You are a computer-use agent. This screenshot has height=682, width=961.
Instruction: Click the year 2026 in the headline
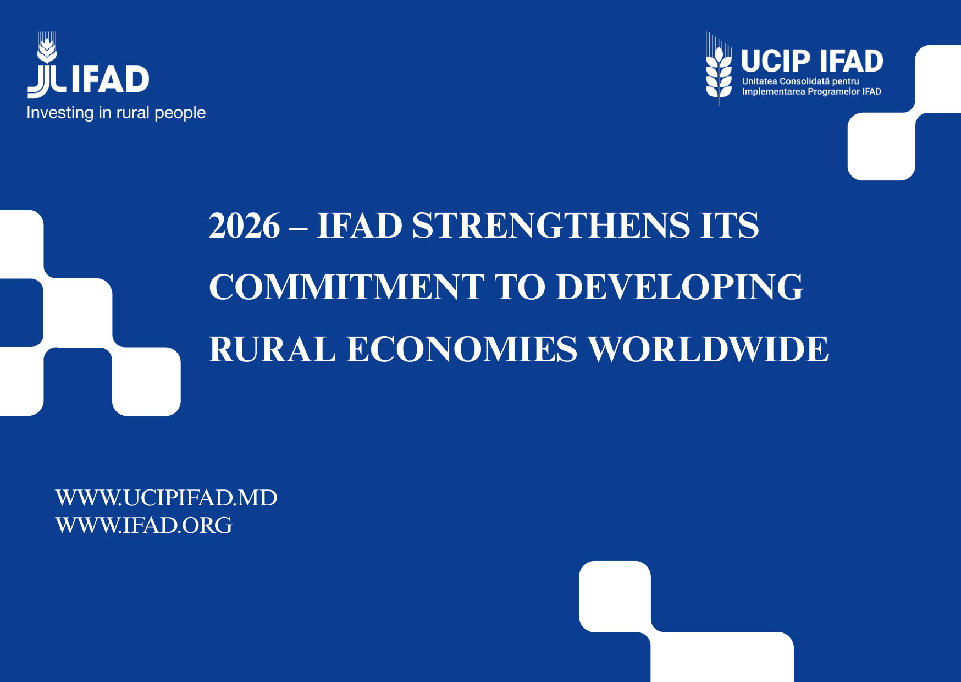click(245, 226)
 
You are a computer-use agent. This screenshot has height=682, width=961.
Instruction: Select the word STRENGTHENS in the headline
click(550, 226)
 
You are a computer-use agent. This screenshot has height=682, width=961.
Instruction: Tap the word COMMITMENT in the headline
click(346, 287)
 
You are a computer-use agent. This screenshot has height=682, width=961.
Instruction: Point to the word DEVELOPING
click(680, 287)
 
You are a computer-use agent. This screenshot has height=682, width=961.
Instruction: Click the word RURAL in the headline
click(272, 349)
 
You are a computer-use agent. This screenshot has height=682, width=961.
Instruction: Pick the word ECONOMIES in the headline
click(461, 349)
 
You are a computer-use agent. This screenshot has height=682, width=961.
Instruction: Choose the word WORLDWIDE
click(708, 349)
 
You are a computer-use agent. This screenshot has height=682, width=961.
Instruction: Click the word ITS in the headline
click(730, 226)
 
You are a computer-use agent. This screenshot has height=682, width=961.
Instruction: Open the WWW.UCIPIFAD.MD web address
click(166, 498)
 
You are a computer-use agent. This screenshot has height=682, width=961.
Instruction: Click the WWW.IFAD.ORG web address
click(144, 525)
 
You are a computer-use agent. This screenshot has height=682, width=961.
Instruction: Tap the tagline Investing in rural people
click(116, 113)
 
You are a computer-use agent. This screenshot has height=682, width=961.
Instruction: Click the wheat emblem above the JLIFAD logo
click(47, 47)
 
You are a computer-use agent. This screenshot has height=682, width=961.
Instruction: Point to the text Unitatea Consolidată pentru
click(800, 81)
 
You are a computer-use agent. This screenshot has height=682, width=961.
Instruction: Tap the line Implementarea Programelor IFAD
click(811, 91)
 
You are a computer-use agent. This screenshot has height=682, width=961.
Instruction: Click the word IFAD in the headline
click(360, 226)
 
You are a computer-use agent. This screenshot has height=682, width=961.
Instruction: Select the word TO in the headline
click(520, 287)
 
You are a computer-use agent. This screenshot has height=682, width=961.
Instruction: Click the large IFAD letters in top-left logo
click(110, 79)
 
